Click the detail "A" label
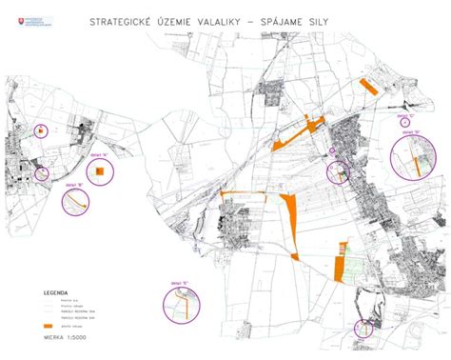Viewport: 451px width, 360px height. coord(97,150)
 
